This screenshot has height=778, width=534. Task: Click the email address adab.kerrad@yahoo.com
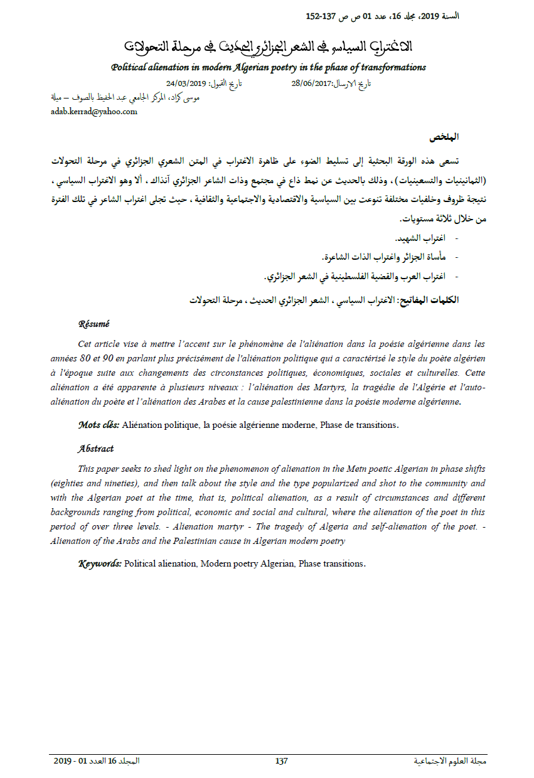[x=93, y=112]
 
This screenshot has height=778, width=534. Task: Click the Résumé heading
[x=93, y=324]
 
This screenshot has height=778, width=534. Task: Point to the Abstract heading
[x=96, y=449]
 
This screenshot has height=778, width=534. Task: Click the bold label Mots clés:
[x=99, y=425]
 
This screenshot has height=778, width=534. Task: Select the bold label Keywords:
[x=100, y=563]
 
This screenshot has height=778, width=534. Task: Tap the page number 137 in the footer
[x=281, y=761]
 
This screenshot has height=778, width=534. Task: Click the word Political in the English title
[x=128, y=67]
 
